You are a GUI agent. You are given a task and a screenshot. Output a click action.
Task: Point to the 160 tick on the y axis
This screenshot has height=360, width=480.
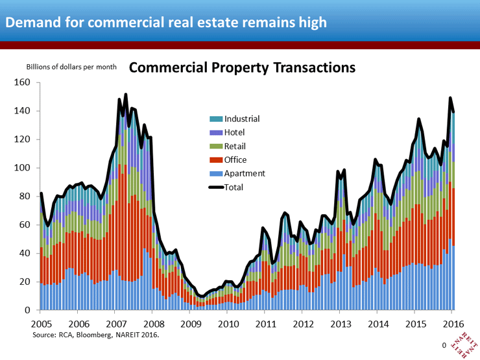click(x=23, y=82)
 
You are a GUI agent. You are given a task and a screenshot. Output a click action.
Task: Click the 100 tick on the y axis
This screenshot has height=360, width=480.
click(x=23, y=168)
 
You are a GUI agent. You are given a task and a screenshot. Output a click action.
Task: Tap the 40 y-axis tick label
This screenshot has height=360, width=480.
click(x=25, y=254)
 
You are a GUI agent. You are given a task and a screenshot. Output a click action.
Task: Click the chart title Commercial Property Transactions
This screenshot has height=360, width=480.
click(x=243, y=67)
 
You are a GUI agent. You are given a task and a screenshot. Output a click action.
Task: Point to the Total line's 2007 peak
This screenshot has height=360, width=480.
click(x=125, y=95)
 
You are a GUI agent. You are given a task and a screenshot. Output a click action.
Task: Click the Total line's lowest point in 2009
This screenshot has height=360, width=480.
click(x=202, y=296)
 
